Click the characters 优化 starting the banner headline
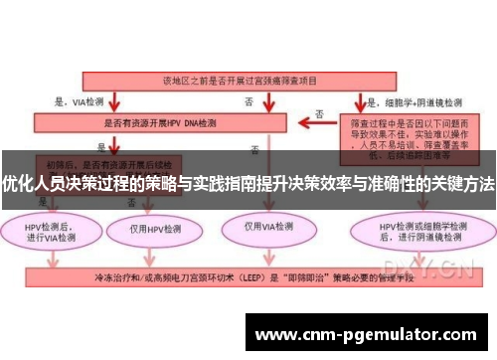(x=16, y=185)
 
